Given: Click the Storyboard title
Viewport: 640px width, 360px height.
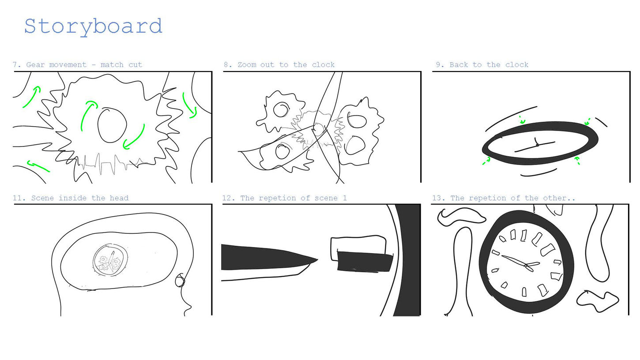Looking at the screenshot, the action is point(94,27).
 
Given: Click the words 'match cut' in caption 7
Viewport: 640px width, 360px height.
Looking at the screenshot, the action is point(121,64).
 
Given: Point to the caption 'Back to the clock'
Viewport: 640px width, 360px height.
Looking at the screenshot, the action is point(489,64).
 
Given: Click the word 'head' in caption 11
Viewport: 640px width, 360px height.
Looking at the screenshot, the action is point(119,198).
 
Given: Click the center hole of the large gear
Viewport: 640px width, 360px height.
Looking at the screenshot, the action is point(112,125).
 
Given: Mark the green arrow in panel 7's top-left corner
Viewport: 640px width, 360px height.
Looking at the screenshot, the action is point(31,97).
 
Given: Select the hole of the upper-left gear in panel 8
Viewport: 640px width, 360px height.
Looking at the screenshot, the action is point(282,109).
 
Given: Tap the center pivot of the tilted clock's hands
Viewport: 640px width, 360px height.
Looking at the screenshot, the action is point(538,145).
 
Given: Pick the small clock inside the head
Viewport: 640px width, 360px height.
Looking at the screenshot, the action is point(110,260).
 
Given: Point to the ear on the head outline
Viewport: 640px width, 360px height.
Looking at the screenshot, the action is point(180,280).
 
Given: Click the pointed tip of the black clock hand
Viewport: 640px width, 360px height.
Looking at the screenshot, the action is point(317,259).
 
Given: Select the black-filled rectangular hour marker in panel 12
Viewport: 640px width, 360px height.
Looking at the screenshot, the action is point(365,261).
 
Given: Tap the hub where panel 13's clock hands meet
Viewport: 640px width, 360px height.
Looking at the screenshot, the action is point(526,266).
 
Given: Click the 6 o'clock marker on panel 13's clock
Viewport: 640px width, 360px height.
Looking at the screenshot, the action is point(524,292).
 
